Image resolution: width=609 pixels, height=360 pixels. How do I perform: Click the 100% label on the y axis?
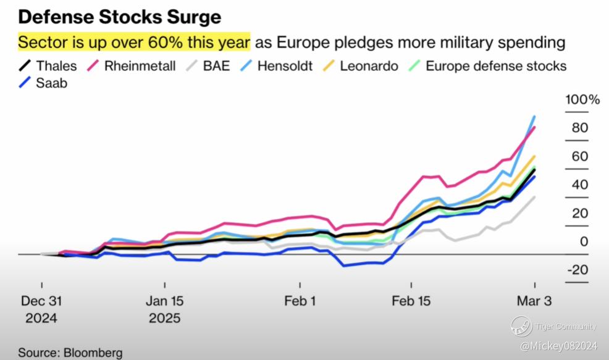583,100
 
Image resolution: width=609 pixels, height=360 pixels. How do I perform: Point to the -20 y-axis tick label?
577,270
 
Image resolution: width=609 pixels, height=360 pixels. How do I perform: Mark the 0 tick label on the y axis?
584,241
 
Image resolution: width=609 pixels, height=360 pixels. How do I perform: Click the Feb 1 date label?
300,301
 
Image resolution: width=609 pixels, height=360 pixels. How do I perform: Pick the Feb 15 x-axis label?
411,301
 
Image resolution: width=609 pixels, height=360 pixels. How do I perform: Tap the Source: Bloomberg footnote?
70,353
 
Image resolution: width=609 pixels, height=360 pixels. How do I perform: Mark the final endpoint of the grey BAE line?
535,197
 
